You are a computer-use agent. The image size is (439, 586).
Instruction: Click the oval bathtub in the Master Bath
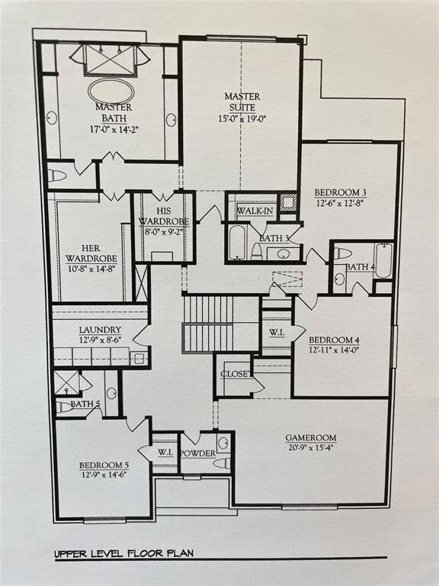[x=111, y=92]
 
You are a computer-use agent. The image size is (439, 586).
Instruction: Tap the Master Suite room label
[x=242, y=101]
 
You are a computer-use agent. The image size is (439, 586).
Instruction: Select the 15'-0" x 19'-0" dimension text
[x=242, y=119]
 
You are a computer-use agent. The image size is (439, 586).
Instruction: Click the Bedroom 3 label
[x=340, y=193]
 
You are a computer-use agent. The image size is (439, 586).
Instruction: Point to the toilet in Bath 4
[x=343, y=254]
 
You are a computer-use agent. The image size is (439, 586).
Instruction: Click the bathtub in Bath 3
[x=237, y=242]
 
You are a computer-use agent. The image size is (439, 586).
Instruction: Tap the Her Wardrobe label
[x=91, y=253]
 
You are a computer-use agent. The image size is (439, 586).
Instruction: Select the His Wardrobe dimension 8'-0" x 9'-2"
[x=164, y=231]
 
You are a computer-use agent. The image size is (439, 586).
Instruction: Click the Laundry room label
[x=100, y=330]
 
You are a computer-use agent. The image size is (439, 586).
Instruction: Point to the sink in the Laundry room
[x=139, y=359]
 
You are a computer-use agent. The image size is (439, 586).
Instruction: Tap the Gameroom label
[x=311, y=438]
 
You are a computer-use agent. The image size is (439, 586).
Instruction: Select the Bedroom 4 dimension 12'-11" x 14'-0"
[x=331, y=350]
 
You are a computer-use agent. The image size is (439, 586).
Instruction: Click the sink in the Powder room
[x=223, y=443]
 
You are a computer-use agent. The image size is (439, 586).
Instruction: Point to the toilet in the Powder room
[x=222, y=463]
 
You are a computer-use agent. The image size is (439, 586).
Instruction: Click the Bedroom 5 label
[x=104, y=465]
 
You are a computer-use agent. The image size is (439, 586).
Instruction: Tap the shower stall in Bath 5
[x=67, y=383]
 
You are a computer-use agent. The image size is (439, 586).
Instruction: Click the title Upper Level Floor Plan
[x=124, y=553]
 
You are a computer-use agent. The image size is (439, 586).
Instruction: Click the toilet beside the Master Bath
[x=57, y=175]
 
